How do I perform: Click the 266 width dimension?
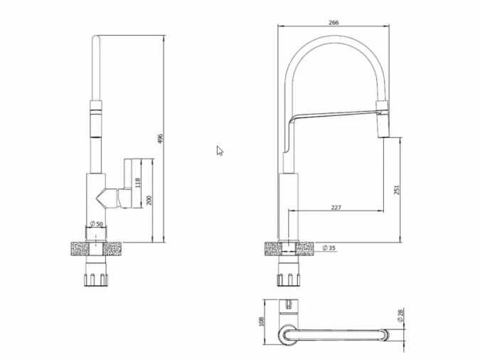(x=334, y=22)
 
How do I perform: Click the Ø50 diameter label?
(x=97, y=225)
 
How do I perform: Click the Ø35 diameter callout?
(x=329, y=248)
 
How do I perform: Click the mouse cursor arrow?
(x=220, y=150)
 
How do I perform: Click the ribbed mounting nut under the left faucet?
(x=97, y=272)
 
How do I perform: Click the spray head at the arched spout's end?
(x=383, y=119)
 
